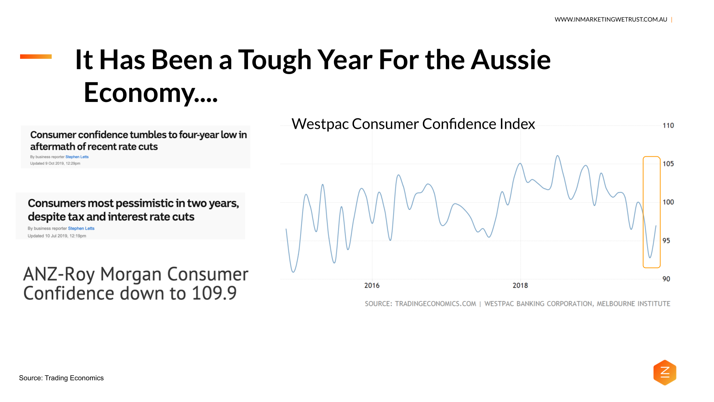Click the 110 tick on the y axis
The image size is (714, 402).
click(x=668, y=126)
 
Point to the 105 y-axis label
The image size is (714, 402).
click(x=668, y=164)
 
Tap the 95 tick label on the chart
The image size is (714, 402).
click(x=666, y=241)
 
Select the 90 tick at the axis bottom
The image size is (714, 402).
click(x=666, y=279)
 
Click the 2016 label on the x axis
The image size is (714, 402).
click(x=372, y=285)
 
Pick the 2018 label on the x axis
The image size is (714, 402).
click(x=520, y=285)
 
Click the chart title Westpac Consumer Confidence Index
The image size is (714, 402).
click(x=413, y=124)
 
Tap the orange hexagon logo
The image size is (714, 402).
click(x=665, y=372)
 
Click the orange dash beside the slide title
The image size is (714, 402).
click(x=36, y=57)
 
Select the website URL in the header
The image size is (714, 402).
click(x=611, y=19)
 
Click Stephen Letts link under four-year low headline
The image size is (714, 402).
click(x=77, y=157)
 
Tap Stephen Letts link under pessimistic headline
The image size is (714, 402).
click(x=81, y=229)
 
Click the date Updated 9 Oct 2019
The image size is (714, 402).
click(x=55, y=163)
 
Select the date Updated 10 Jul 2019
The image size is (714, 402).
click(x=57, y=236)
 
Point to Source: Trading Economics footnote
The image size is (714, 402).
click(x=61, y=378)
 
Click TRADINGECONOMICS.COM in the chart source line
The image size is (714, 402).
click(x=435, y=304)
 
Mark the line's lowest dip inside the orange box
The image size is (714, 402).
click(x=650, y=257)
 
